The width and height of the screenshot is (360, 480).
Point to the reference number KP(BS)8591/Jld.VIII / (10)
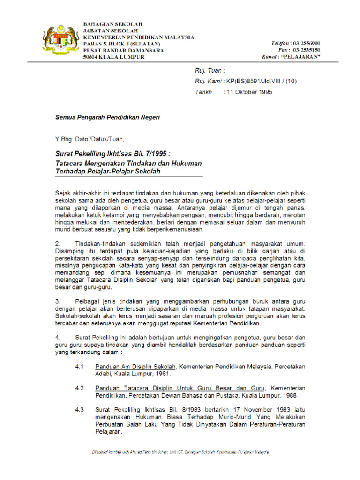click(x=259, y=81)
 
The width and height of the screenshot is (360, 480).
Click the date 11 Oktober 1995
click(x=249, y=92)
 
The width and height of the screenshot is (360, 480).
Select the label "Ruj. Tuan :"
click(x=210, y=70)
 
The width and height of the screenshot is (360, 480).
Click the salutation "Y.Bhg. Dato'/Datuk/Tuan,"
click(x=90, y=139)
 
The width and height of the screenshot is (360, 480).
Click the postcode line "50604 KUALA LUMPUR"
click(x=114, y=57)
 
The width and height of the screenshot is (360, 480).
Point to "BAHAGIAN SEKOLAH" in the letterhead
click(x=112, y=24)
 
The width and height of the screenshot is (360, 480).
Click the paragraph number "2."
click(x=59, y=244)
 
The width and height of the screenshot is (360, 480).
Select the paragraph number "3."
click(x=59, y=301)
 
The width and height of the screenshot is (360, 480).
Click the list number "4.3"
click(x=79, y=410)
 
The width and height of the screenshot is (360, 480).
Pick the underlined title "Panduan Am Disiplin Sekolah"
click(x=136, y=367)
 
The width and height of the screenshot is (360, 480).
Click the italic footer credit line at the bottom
click(x=180, y=452)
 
